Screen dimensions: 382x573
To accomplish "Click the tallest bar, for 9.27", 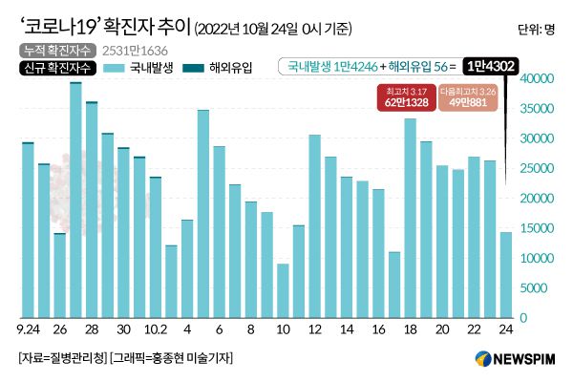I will (x=75, y=201).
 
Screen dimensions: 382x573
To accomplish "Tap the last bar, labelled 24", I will (x=506, y=274).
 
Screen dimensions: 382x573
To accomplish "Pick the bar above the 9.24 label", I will (x=28, y=229).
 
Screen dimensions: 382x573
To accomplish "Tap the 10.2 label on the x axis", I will (x=155, y=330).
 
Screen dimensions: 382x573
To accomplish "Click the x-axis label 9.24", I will (x=28, y=330).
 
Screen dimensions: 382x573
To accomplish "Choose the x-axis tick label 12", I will (x=314, y=330).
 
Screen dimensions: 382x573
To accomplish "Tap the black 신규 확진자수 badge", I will (x=54, y=68).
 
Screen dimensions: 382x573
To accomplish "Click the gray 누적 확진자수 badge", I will (x=53, y=49).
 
